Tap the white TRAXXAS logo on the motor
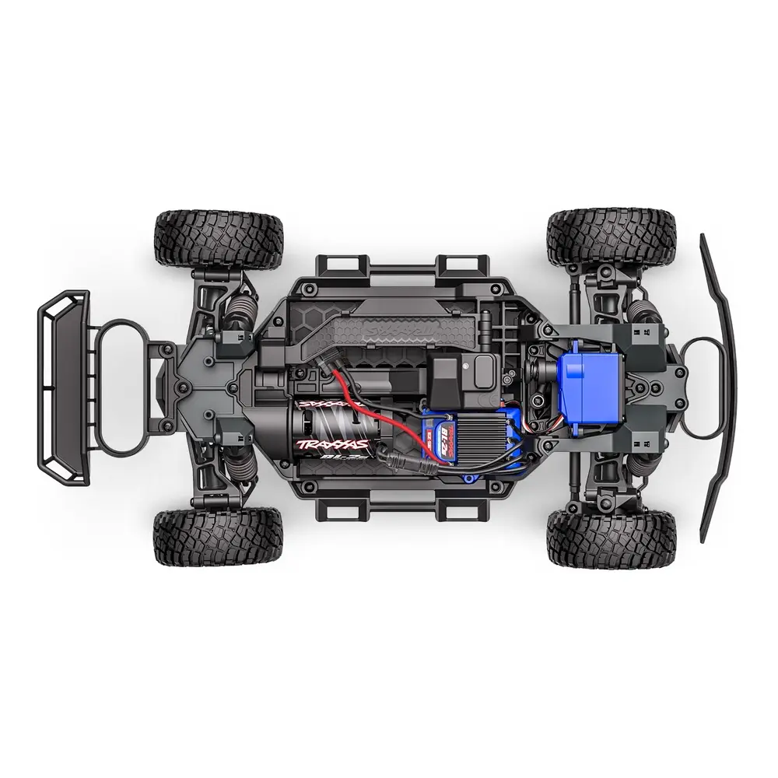331,444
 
